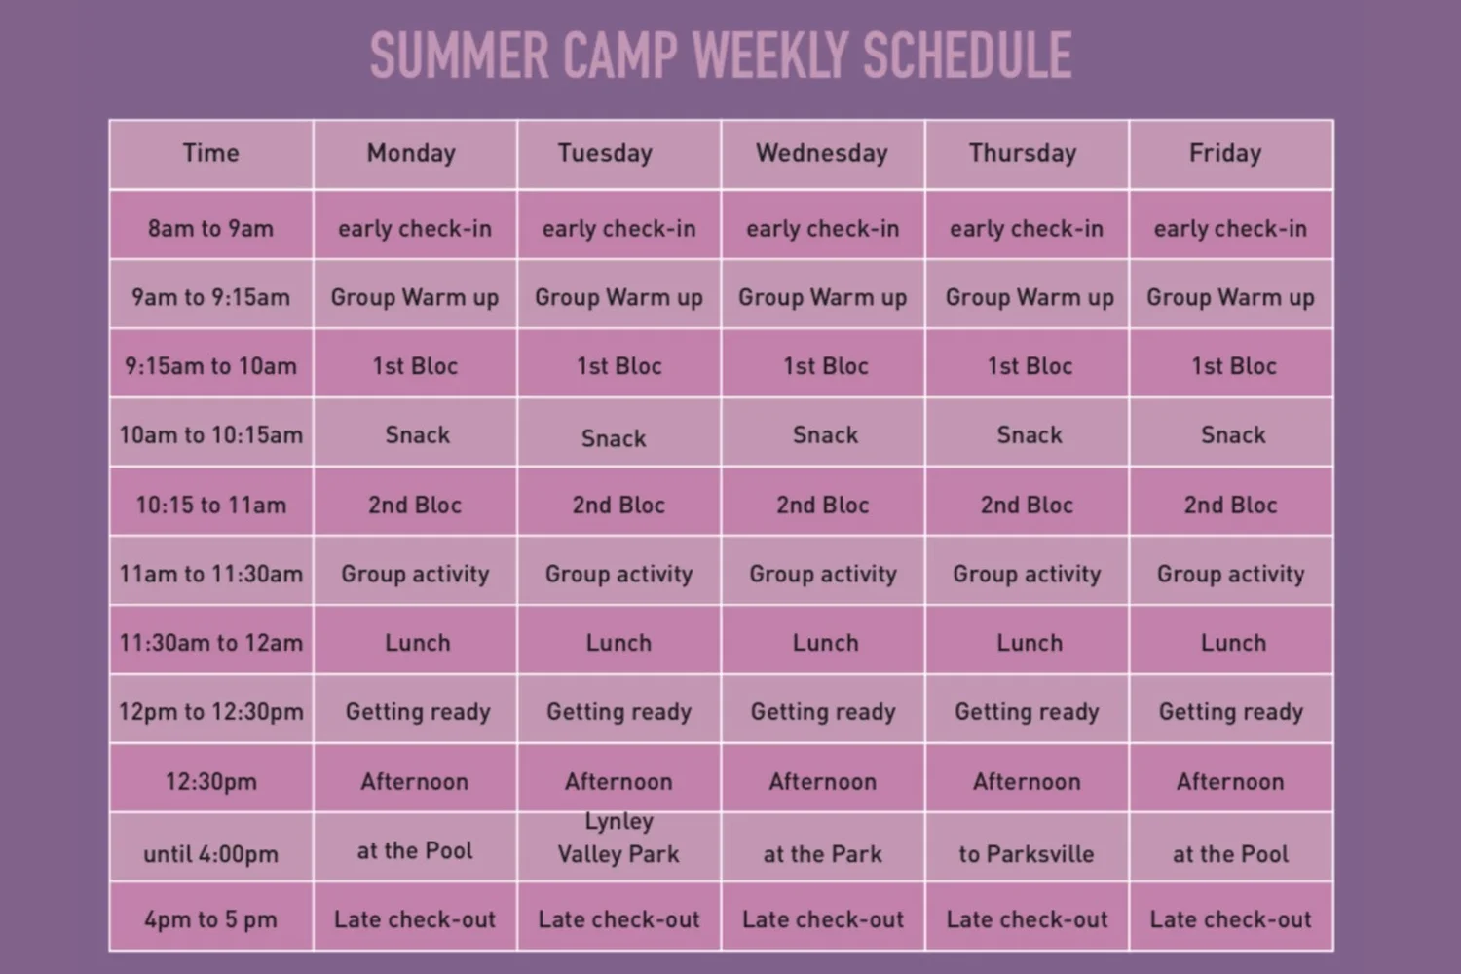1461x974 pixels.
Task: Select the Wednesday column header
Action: pyautogui.click(x=822, y=153)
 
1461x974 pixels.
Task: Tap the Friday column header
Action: pyautogui.click(x=1225, y=153)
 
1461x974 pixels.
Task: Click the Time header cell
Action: pyautogui.click(x=210, y=153)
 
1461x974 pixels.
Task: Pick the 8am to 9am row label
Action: pyautogui.click(x=210, y=229)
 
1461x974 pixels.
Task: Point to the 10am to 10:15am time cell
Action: pyautogui.click(x=210, y=434)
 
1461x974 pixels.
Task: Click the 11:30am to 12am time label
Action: pyautogui.click(x=210, y=643)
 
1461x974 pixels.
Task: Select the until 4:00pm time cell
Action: pyautogui.click(x=210, y=854)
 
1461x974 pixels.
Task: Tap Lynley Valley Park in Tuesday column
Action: pyautogui.click(x=618, y=839)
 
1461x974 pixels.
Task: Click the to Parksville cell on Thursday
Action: pyautogui.click(x=1027, y=854)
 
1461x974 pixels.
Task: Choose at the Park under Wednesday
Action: pyautogui.click(x=822, y=854)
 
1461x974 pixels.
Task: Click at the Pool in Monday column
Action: pyautogui.click(x=415, y=850)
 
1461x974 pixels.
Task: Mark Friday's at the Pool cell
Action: pyautogui.click(x=1230, y=854)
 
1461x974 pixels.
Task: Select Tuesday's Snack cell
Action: pyautogui.click(x=614, y=438)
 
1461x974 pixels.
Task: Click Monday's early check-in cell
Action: pyautogui.click(x=415, y=229)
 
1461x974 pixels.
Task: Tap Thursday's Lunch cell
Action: pyautogui.click(x=1030, y=643)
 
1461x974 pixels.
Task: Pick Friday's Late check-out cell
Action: pyautogui.click(x=1230, y=919)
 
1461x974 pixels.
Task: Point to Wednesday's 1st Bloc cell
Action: pyautogui.click(x=826, y=366)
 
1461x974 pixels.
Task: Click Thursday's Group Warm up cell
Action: pyautogui.click(x=1030, y=297)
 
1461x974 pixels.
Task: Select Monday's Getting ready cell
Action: pyautogui.click(x=418, y=712)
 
